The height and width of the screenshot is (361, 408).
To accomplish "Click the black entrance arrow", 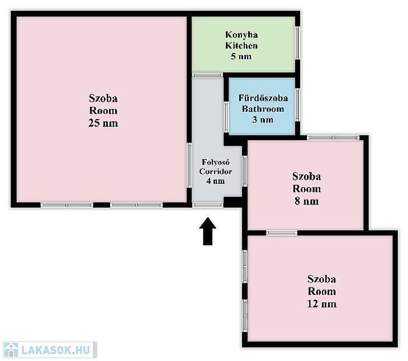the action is pyautogui.click(x=208, y=231).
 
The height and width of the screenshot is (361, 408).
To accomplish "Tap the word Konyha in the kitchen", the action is pyautogui.click(x=241, y=35).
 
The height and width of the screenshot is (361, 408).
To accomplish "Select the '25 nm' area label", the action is pyautogui.click(x=103, y=123).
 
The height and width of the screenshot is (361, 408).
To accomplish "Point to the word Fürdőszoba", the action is pyautogui.click(x=263, y=98).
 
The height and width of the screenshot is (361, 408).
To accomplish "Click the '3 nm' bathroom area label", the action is pyautogui.click(x=263, y=120).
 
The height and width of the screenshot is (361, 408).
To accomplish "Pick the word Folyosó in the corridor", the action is pyautogui.click(x=216, y=162).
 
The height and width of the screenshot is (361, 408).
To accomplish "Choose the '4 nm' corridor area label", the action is pyautogui.click(x=216, y=181).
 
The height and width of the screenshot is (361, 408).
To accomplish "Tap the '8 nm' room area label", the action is pyautogui.click(x=307, y=201).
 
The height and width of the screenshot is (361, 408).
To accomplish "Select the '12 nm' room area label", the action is pyautogui.click(x=322, y=304).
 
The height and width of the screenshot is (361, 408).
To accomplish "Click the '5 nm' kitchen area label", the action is pyautogui.click(x=241, y=56).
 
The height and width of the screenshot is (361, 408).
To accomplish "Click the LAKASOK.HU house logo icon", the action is pyautogui.click(x=11, y=350).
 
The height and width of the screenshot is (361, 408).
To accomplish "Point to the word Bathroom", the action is pyautogui.click(x=263, y=109).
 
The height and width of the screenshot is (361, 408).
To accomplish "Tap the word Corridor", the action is pyautogui.click(x=216, y=172).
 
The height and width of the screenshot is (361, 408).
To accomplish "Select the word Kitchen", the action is pyautogui.click(x=241, y=45).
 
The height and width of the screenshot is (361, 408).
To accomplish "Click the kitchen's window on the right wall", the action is pyautogui.click(x=298, y=43).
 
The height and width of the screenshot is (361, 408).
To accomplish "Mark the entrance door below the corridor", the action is pyautogui.click(x=208, y=205).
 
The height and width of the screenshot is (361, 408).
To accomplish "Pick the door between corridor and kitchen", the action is pyautogui.click(x=207, y=75).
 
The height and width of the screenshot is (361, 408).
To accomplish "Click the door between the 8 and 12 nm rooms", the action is pyautogui.click(x=282, y=233).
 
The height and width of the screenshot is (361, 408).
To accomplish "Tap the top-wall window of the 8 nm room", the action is pyautogui.click(x=333, y=137).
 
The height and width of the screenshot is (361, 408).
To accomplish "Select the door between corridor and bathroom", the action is pyautogui.click(x=226, y=117).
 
